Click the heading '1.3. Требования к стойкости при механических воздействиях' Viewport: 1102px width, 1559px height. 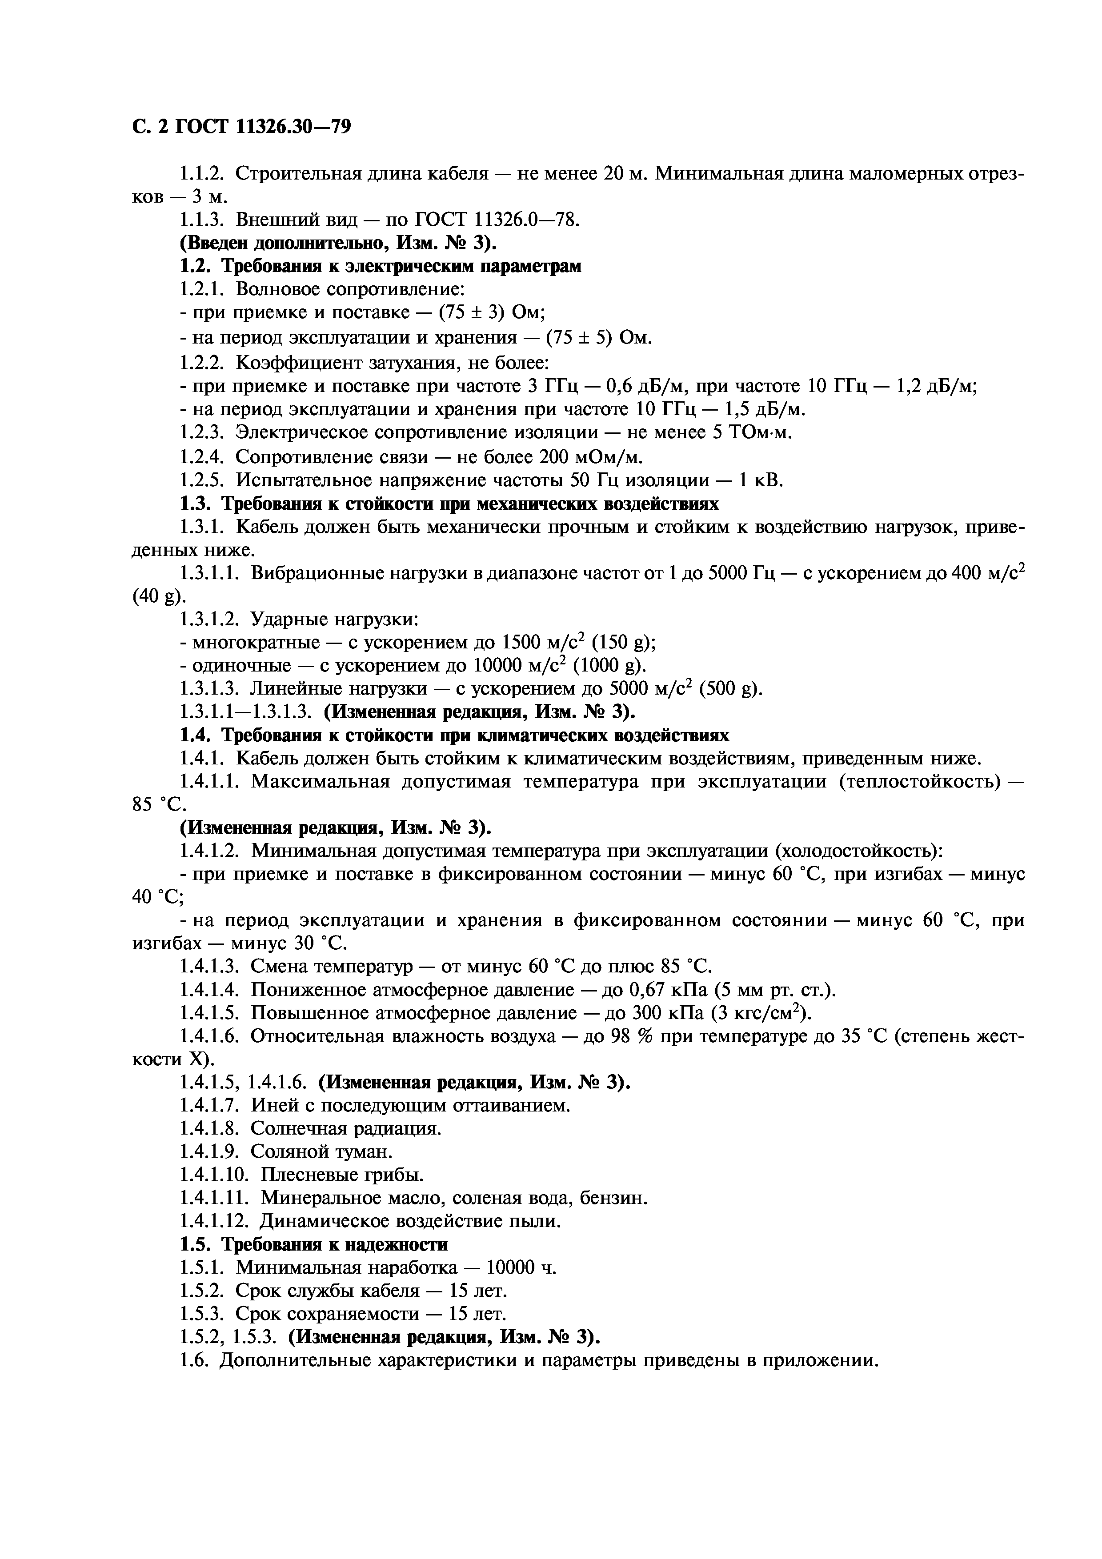tap(449, 504)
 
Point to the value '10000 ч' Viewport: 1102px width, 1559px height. tap(521, 1268)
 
